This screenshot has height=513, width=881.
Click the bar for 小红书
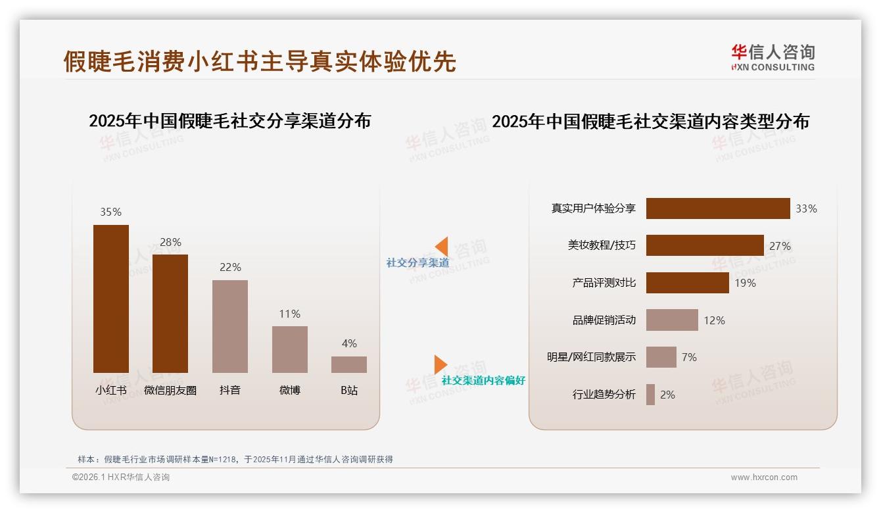(x=111, y=299)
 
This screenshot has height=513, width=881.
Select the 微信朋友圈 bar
(x=170, y=314)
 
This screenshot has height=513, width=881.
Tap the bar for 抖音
(x=230, y=326)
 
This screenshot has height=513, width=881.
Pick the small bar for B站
(x=349, y=364)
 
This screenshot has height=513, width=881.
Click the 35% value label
(x=110, y=212)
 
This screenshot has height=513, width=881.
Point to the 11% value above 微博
(x=289, y=314)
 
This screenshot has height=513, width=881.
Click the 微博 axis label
(x=289, y=390)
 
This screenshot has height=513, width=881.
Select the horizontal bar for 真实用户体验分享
(x=718, y=208)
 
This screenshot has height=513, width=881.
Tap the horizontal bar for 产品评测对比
(x=688, y=283)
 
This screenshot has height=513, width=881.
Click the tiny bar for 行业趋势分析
(x=650, y=395)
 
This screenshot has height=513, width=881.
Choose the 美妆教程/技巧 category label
(x=602, y=245)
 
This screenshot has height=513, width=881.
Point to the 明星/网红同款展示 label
(x=591, y=357)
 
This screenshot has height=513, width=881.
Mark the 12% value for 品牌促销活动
(x=714, y=320)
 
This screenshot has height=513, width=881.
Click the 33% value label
(x=806, y=208)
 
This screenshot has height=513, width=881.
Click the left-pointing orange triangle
(x=442, y=246)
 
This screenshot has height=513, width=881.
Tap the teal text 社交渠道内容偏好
(x=483, y=380)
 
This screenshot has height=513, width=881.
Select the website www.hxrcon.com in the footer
(x=764, y=477)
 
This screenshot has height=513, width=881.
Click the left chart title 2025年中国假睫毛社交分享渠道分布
(x=229, y=121)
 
